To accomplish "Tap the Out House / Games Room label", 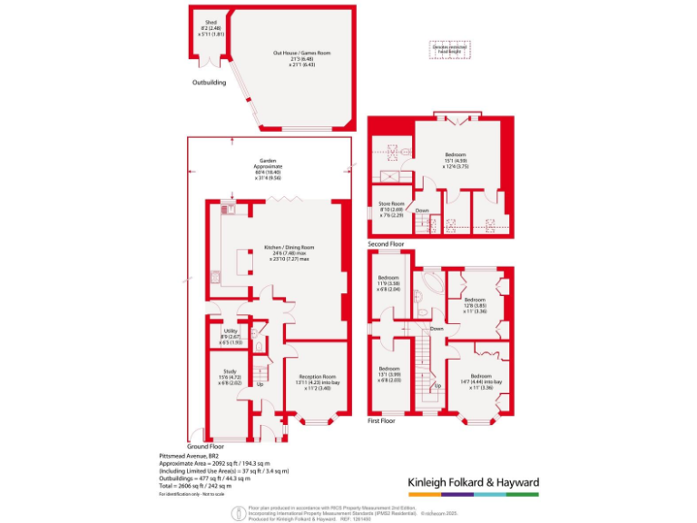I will (x=301, y=59).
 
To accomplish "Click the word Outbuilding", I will (x=209, y=83).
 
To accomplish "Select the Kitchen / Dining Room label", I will (x=289, y=253).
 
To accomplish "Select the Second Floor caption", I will (x=387, y=245).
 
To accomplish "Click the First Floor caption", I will (x=381, y=421).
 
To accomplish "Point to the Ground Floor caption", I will (x=205, y=447).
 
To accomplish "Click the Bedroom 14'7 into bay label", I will (x=482, y=380).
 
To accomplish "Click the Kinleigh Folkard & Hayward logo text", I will (x=471, y=482).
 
